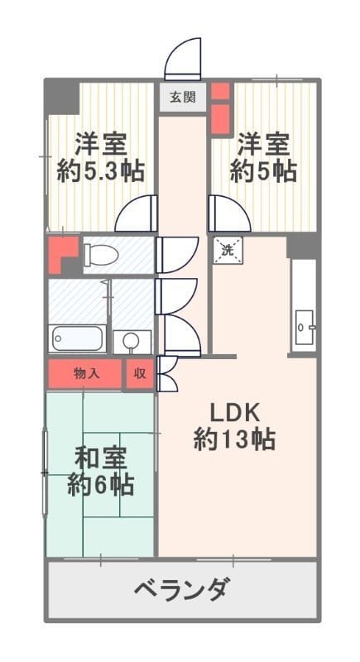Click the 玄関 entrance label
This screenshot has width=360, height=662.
183,98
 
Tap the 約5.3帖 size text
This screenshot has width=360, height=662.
101,172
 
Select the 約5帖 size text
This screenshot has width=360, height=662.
263,172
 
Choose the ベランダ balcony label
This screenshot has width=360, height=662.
181,591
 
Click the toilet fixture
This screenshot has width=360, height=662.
103,257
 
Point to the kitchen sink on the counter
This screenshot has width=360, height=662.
304,324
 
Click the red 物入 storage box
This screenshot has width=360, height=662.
85,374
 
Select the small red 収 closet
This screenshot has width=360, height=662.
139,374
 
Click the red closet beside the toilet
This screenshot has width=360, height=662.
61,254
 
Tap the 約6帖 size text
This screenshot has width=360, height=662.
101,485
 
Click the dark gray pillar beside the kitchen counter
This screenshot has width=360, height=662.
302,246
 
